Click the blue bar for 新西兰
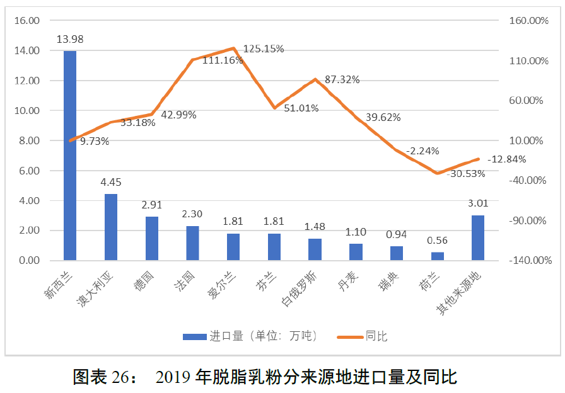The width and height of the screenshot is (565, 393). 70,155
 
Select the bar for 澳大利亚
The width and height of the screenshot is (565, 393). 111,227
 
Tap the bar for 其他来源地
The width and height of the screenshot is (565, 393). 478,237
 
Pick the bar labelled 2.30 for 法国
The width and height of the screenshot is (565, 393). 192,243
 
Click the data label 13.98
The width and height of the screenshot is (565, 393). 70,40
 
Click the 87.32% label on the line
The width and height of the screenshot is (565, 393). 342,79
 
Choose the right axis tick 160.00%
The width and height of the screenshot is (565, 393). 530,21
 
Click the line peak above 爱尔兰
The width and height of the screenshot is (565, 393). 234,48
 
